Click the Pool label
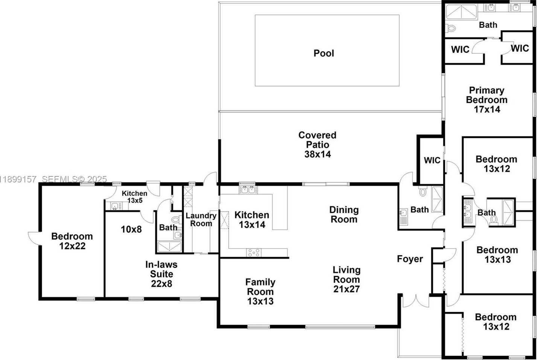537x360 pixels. [x=324, y=53]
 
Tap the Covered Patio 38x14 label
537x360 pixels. [x=317, y=144]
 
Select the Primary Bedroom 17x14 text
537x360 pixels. [x=487, y=100]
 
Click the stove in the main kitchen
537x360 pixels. [x=253, y=252]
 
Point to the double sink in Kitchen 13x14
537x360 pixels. [x=247, y=190]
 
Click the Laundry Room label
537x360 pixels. [x=201, y=219]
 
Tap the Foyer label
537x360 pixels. [x=410, y=259]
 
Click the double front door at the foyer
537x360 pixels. [x=415, y=301]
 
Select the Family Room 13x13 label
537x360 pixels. [x=260, y=292]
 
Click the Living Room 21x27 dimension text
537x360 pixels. [x=346, y=289]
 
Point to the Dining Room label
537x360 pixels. [x=344, y=214]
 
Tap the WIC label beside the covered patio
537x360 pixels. [x=432, y=160]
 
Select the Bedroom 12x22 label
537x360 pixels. [x=72, y=241]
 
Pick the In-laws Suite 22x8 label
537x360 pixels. [x=161, y=274]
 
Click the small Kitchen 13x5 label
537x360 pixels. [x=134, y=197]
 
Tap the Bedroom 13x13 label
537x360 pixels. [x=497, y=255]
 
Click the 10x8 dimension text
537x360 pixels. [x=131, y=229]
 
